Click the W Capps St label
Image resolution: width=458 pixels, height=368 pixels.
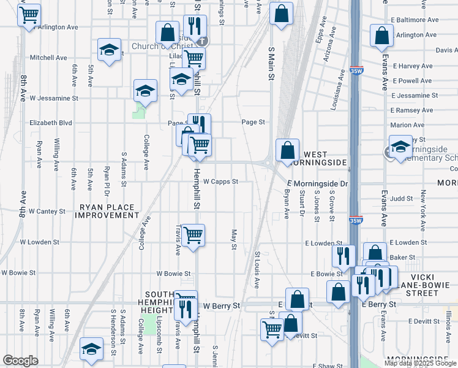point(220,182)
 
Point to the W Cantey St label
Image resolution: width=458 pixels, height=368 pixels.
point(42,211)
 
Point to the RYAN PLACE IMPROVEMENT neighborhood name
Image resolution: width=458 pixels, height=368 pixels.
point(107,211)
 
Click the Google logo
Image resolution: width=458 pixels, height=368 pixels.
point(20,361)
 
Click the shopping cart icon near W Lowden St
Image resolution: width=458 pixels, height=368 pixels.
point(193,234)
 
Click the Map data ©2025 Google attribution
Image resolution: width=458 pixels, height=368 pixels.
point(421,363)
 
